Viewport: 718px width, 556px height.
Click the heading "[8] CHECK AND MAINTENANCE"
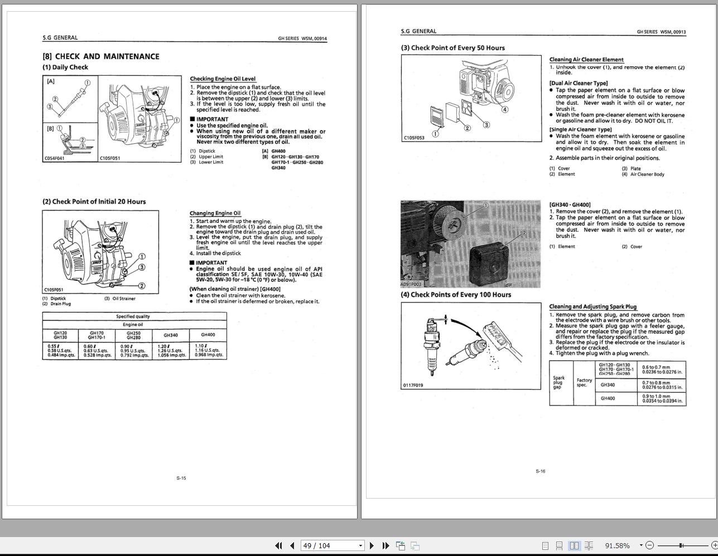(x=101, y=56)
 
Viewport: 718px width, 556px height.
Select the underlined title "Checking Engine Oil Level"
(x=223, y=79)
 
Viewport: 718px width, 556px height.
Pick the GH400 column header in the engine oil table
(x=208, y=335)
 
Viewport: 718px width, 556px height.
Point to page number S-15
(x=181, y=478)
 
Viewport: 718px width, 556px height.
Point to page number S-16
(x=540, y=471)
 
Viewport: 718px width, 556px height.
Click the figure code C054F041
(x=55, y=158)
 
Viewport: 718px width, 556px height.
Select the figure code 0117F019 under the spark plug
(x=413, y=385)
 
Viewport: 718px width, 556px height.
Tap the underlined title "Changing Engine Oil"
(x=215, y=213)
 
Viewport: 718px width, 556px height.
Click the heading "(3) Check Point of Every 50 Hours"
(x=452, y=48)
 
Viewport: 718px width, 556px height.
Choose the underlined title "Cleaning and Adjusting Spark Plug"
(x=592, y=306)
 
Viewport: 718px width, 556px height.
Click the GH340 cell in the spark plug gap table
(x=608, y=384)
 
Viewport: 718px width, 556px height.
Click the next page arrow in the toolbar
(x=372, y=545)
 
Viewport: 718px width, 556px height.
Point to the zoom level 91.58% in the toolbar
(x=617, y=545)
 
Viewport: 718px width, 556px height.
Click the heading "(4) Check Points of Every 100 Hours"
(x=456, y=295)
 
